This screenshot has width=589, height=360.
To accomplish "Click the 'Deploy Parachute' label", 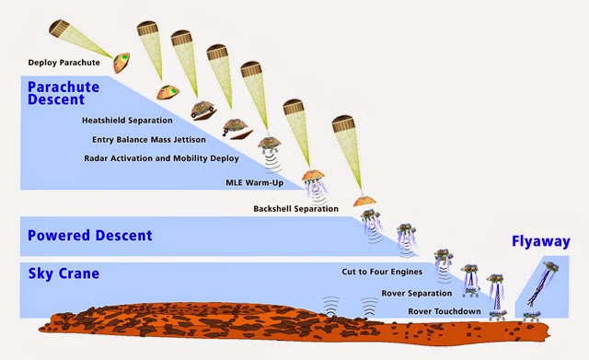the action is click(x=64, y=63).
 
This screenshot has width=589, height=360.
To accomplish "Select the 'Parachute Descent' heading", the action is click(x=64, y=93).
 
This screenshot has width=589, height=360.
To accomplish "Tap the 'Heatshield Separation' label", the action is click(x=127, y=121).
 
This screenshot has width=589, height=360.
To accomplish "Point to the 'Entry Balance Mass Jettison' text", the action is click(x=149, y=139).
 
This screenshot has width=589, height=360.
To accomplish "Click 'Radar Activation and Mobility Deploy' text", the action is click(x=162, y=158).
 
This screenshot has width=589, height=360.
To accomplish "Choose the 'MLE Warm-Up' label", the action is click(x=255, y=182).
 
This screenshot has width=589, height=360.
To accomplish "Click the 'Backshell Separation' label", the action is click(x=296, y=209).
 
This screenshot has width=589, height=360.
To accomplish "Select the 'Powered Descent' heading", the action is click(x=90, y=235).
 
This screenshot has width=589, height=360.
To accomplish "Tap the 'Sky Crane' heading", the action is click(x=64, y=273).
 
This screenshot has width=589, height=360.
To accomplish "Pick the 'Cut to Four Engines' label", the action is click(x=382, y=272).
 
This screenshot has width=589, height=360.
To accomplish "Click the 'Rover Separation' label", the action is click(x=417, y=293).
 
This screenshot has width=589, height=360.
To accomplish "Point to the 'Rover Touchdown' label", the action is click(x=445, y=311).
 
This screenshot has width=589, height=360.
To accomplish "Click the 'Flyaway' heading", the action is click(x=541, y=241).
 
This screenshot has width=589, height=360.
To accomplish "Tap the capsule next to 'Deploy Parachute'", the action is click(x=121, y=63).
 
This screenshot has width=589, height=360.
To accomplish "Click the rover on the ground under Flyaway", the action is click(x=533, y=317).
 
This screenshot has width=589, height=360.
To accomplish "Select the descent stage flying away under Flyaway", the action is click(x=551, y=267).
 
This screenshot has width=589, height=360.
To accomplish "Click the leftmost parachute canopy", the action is click(x=59, y=29).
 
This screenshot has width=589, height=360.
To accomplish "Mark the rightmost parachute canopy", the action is click(x=343, y=123).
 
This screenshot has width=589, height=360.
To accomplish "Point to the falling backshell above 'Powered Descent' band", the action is click(x=364, y=201).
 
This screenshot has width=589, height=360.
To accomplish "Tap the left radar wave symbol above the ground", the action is click(x=331, y=306).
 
